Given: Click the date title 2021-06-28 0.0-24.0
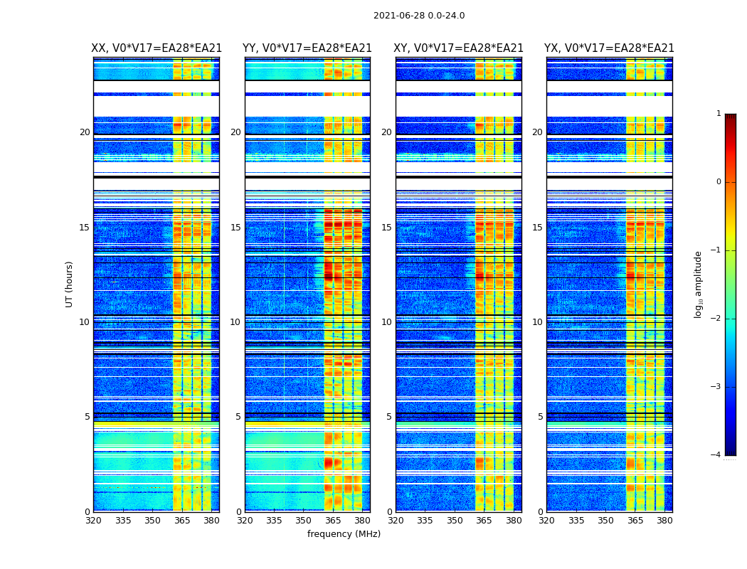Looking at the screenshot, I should pyautogui.click(x=419, y=16).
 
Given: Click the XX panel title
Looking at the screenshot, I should pyautogui.click(x=157, y=48).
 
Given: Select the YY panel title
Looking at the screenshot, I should pyautogui.click(x=307, y=48).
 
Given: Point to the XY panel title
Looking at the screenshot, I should pyautogui.click(x=458, y=48).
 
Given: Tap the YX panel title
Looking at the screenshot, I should pyautogui.click(x=609, y=48).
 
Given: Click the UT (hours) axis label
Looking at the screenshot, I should pyautogui.click(x=70, y=284).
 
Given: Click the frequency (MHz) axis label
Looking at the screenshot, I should pyautogui.click(x=344, y=534).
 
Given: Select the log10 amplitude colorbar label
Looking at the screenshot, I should pyautogui.click(x=699, y=284).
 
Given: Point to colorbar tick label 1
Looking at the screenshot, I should pyautogui.click(x=719, y=114).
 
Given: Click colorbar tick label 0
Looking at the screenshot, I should pyautogui.click(x=719, y=182).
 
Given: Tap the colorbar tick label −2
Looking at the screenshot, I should pyautogui.click(x=716, y=319).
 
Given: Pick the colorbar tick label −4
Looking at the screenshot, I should pyautogui.click(x=716, y=455).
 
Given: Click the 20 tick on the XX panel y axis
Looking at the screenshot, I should pyautogui.click(x=85, y=132).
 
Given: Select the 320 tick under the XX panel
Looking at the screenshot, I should pyautogui.click(x=93, y=521).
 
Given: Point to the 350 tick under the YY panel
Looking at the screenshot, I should pyautogui.click(x=304, y=521).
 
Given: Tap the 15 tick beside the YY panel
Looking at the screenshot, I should pyautogui.click(x=235, y=228).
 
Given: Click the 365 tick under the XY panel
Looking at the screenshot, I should pyautogui.click(x=484, y=521).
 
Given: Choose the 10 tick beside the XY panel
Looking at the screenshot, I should pyautogui.click(x=386, y=322).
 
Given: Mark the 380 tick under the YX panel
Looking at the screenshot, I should pyautogui.click(x=664, y=521).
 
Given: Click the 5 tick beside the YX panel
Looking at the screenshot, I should pyautogui.click(x=540, y=417).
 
